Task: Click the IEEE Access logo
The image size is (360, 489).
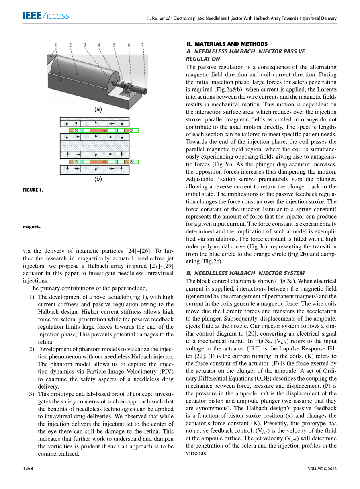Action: (x=47, y=16)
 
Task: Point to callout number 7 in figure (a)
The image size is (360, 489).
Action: (x=142, y=45)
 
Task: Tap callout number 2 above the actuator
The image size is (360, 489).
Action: (x=70, y=45)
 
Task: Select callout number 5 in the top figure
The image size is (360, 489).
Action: (x=114, y=45)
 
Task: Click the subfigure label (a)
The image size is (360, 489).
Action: (x=98, y=109)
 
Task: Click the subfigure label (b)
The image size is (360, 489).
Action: (x=98, y=180)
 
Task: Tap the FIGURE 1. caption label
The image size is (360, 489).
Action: (x=33, y=190)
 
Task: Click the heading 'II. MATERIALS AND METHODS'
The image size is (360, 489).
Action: (x=227, y=44)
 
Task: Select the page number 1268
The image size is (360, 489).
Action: (x=28, y=469)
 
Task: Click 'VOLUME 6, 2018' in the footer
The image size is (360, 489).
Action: (x=322, y=469)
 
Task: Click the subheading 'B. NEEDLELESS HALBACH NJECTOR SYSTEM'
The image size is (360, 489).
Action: (x=245, y=273)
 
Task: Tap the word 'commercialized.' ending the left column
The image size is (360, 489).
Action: (x=58, y=454)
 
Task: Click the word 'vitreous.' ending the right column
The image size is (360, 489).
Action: (x=196, y=453)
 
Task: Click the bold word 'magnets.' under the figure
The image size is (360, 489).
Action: (x=32, y=227)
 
